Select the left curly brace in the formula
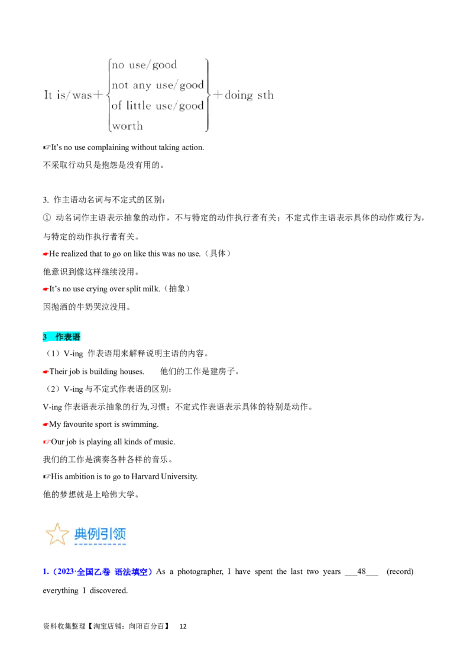point(108,95)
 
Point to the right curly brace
point(208,95)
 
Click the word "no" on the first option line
point(118,65)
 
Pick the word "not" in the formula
point(119,85)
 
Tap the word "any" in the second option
point(142,85)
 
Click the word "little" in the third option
point(139,106)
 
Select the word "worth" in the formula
point(127,126)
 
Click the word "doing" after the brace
point(238,95)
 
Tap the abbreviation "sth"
point(265,95)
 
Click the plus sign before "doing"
point(217,95)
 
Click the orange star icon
point(57,534)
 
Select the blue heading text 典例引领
point(100,534)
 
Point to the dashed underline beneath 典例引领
point(100,544)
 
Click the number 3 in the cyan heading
point(45,337)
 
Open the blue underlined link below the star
point(98,571)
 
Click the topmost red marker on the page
point(44,254)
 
